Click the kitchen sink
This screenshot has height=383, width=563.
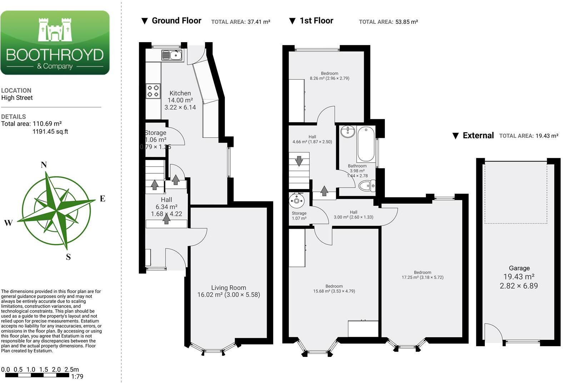(172, 55)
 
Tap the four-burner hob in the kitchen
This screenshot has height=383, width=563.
(153, 91)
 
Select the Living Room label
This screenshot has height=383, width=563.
(228, 288)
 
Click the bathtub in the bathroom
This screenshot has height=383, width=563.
(366, 144)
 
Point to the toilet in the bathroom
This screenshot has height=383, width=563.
(367, 186)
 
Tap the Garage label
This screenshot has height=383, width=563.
(519, 268)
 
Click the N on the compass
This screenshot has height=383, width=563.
(44, 165)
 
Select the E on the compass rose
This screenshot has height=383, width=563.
(102, 199)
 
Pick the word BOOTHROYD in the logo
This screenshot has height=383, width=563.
(55, 55)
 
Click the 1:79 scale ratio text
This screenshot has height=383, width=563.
(77, 377)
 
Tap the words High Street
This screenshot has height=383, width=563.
(17, 98)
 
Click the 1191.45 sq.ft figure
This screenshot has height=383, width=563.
(50, 131)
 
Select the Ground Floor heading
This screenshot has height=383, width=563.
(176, 21)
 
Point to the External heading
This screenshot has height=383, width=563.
(478, 136)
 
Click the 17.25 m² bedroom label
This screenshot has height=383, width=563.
(422, 275)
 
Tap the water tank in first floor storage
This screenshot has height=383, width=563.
(297, 200)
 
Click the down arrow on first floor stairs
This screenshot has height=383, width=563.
(299, 161)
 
